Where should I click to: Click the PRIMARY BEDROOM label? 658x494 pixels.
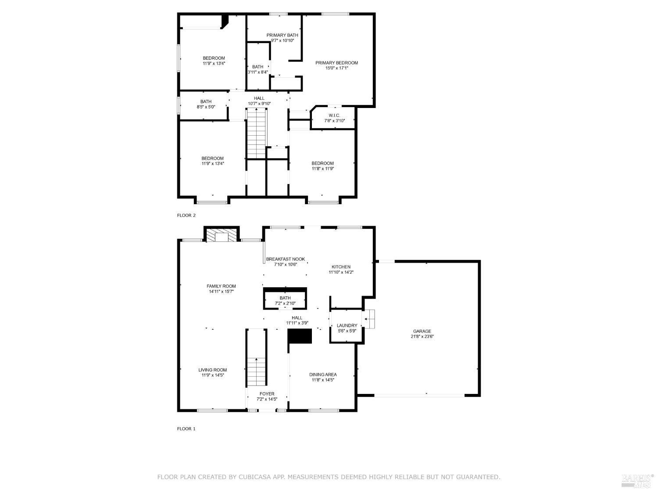[x=336, y=63]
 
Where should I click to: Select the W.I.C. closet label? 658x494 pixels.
[x=334, y=115]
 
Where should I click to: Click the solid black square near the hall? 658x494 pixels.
[x=300, y=336]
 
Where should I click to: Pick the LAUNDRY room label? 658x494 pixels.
[x=347, y=326]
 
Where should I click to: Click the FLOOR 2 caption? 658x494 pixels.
[x=186, y=215]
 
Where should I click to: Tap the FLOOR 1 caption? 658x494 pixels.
[x=186, y=429]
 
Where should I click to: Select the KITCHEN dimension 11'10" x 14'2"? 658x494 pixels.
[x=341, y=272]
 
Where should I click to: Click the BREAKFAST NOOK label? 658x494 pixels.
[x=285, y=259]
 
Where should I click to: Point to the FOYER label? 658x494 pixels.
[x=267, y=394]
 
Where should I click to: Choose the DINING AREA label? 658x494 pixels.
[x=323, y=375]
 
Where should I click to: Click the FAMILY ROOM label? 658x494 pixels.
[x=221, y=286]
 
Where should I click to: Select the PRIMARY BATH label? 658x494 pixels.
[x=282, y=35]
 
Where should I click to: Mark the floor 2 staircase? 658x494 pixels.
[x=257, y=134]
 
